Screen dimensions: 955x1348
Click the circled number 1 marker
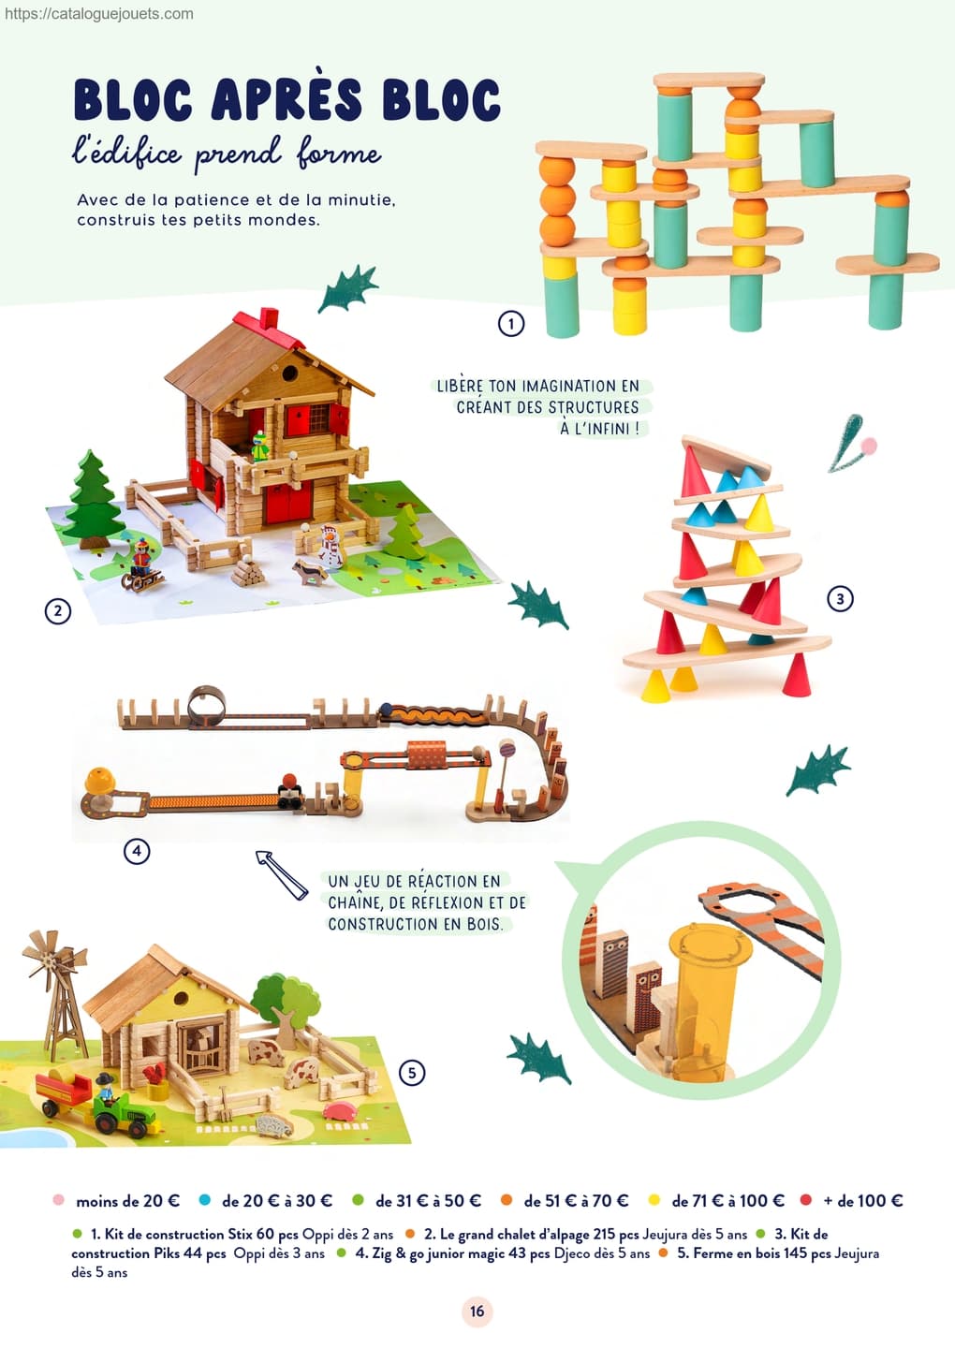[511, 324]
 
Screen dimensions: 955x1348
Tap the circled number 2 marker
[58, 611]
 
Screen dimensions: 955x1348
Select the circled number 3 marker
[840, 599]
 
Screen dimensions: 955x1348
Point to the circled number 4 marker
[137, 851]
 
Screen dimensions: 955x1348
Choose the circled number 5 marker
[412, 1073]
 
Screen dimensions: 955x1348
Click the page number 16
[477, 1311]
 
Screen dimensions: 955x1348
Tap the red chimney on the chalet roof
[268, 319]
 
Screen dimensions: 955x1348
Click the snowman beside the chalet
[331, 547]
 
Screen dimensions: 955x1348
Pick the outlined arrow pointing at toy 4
[282, 874]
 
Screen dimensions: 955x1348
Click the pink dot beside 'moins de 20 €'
[58, 1199]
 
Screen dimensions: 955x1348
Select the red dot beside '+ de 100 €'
[806, 1199]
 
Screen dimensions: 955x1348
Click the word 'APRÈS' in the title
[287, 98]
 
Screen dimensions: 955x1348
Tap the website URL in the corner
[98, 14]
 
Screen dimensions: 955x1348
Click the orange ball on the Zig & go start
[100, 780]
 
